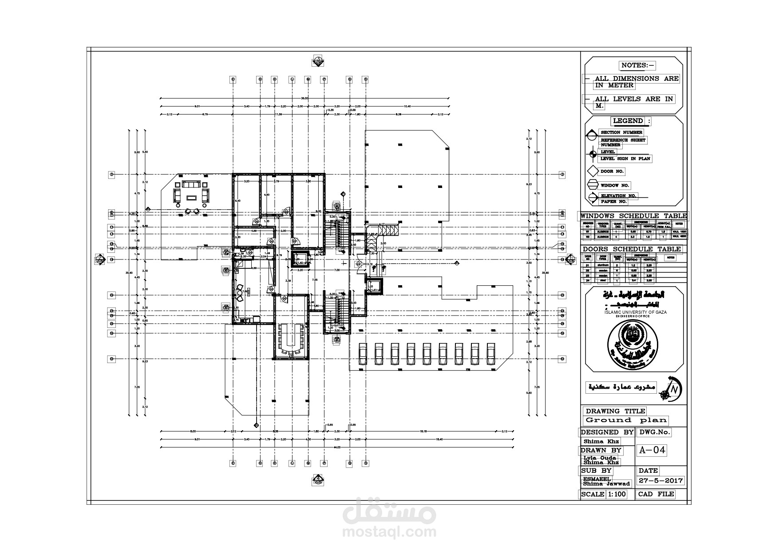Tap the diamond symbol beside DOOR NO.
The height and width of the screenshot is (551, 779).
(x=593, y=171)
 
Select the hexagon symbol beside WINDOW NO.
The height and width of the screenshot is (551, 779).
(x=593, y=185)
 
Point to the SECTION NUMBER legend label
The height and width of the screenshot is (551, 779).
(x=621, y=132)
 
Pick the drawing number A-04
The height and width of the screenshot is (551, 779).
(x=652, y=450)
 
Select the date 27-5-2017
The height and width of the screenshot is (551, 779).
(x=660, y=480)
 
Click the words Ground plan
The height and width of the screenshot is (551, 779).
(x=626, y=420)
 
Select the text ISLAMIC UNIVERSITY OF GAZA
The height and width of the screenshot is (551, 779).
(x=635, y=312)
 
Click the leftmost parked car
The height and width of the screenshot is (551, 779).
(x=363, y=354)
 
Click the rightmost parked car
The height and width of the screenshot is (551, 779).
(x=491, y=354)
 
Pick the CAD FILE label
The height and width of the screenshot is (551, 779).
(x=656, y=494)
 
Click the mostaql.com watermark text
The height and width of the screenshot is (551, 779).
(x=389, y=532)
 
